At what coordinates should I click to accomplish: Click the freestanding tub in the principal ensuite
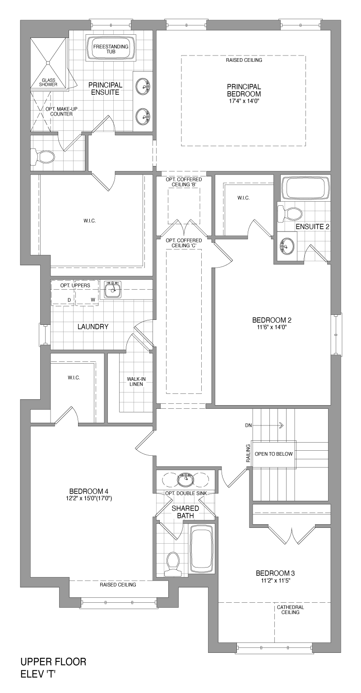pos(111,49)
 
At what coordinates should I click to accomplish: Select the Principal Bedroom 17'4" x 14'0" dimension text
pos(244,101)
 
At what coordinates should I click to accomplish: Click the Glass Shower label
pos(48,82)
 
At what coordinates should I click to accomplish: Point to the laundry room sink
pos(112,290)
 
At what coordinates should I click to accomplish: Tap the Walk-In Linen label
pos(136,381)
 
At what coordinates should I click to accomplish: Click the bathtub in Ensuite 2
pos(305,188)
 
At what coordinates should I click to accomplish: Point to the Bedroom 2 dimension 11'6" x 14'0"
pos(272,326)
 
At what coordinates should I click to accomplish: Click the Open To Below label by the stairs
pos(273,454)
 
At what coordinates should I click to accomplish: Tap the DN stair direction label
pos(248,425)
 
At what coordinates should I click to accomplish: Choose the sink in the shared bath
pos(186,480)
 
